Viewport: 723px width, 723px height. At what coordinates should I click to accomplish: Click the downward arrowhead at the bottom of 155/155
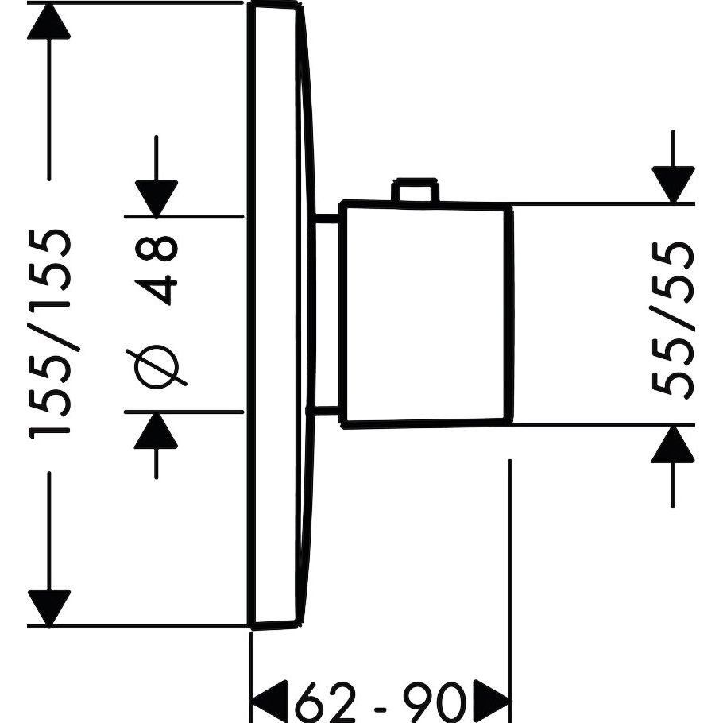tap(49, 608)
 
